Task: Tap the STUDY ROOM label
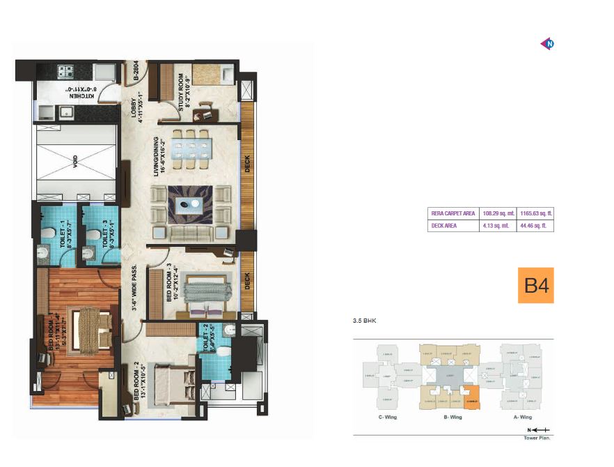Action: (183, 91)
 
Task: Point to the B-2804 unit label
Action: (136, 72)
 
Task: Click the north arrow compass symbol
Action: (547, 44)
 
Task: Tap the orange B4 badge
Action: (535, 285)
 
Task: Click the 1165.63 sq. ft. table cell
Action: (536, 213)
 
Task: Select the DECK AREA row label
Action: (445, 226)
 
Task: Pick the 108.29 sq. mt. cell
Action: (499, 213)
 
